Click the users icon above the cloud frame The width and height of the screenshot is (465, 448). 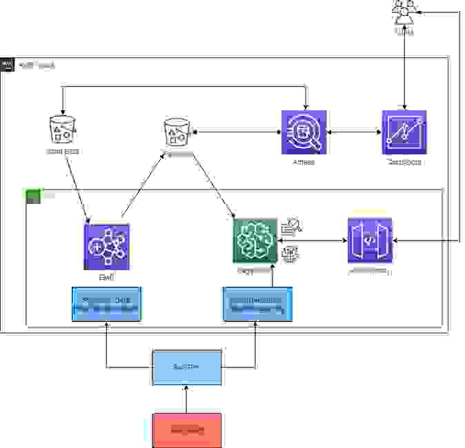click(404, 12)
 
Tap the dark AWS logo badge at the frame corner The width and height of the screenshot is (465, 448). click(8, 65)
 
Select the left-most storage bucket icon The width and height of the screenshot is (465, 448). click(63, 129)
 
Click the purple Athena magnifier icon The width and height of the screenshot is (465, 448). click(304, 132)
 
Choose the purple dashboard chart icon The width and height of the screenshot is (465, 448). click(404, 132)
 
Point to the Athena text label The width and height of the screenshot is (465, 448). click(304, 163)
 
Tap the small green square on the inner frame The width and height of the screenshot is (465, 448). click(33, 196)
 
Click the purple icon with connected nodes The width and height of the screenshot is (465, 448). click(107, 245)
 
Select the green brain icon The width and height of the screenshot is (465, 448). click(255, 241)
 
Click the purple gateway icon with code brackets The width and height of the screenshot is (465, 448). click(370, 241)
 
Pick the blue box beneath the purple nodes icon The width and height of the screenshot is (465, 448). click(107, 304)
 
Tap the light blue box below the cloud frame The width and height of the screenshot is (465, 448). click(186, 367)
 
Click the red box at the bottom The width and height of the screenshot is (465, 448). click(186, 430)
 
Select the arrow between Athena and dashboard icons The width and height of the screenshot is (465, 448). click(354, 132)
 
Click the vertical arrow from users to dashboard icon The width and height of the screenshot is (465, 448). click(404, 69)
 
